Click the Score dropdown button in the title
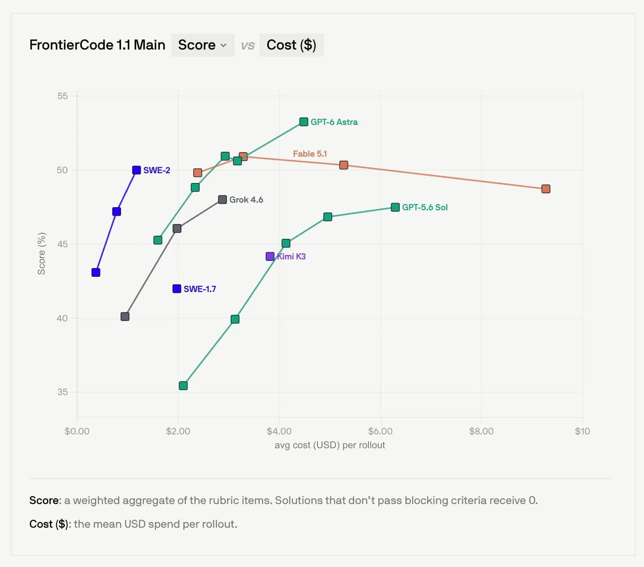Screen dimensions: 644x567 [x=202, y=45]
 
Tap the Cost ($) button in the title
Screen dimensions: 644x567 [x=291, y=45]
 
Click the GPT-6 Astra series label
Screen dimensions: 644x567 [x=334, y=122]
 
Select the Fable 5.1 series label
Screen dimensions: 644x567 [x=310, y=154]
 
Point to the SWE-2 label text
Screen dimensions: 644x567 [x=157, y=171]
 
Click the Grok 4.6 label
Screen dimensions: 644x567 [x=247, y=200]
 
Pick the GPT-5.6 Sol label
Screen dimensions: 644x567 [x=425, y=208]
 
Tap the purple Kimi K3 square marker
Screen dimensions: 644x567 [x=270, y=256]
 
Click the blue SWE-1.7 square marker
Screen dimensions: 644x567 [x=177, y=289]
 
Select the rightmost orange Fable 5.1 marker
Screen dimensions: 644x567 [x=546, y=189]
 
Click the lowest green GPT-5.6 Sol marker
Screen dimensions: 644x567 [x=183, y=386]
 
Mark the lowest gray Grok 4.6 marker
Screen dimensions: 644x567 [x=125, y=317]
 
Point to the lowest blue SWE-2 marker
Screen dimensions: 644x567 [x=96, y=272]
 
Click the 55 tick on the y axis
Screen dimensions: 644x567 [x=63, y=96]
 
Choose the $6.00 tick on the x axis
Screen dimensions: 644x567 [x=380, y=431]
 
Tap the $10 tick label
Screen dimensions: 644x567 [x=582, y=431]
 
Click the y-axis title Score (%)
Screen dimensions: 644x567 [x=42, y=254]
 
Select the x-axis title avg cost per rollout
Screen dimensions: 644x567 [x=330, y=445]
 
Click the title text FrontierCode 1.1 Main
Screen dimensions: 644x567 [x=97, y=45]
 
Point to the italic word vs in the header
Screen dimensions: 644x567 [x=247, y=46]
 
